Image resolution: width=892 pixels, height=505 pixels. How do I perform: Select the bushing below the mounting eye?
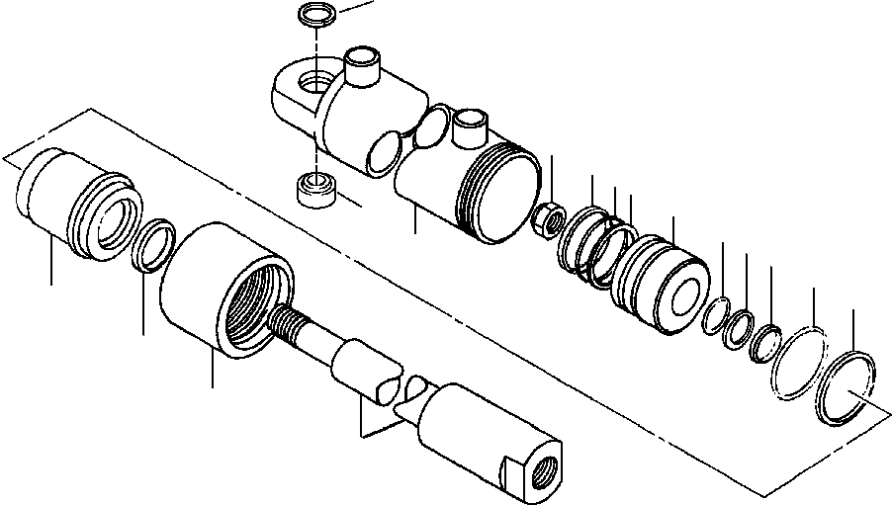[x=315, y=187]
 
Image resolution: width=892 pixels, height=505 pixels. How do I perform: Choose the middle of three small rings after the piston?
[x=737, y=330]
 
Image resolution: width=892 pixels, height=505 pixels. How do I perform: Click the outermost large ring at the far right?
[x=846, y=388]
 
